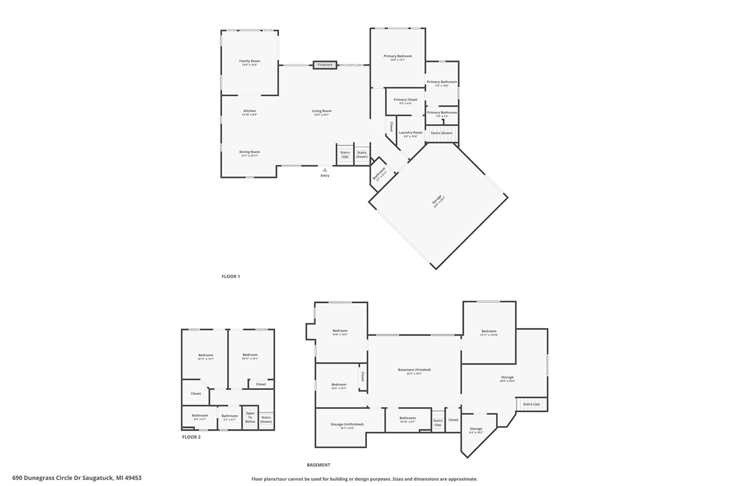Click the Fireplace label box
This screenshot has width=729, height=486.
325,65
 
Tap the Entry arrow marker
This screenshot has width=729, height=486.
325,169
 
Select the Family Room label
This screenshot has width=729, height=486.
249,61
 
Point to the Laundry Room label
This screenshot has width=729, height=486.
411,133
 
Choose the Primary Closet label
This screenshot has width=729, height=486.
406,100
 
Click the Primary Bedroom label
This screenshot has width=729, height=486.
398,56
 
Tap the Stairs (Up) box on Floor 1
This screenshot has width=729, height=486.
345,154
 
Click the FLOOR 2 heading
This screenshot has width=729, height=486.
191,437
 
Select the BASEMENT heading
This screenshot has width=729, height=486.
318,465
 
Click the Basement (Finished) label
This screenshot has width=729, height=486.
414,370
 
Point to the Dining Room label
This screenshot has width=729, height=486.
249,152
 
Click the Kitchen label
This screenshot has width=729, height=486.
249,111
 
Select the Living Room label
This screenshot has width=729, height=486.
321,111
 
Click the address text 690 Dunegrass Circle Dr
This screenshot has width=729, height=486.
77,478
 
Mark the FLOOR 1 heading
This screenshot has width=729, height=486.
231,276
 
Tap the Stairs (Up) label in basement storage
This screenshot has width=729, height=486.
531,404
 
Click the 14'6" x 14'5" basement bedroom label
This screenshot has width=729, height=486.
340,331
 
